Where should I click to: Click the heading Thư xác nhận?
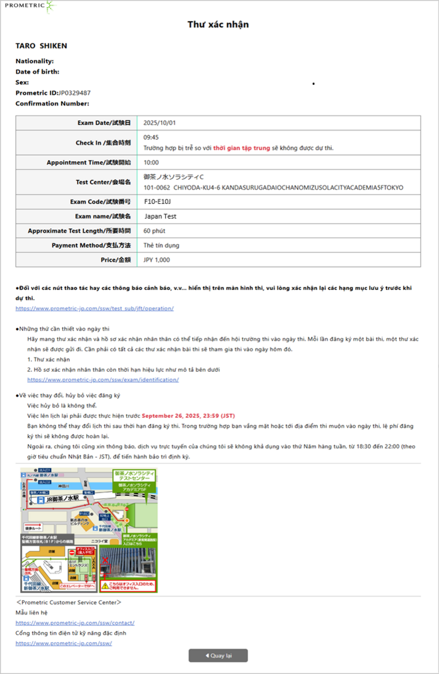pyautogui.click(x=219, y=25)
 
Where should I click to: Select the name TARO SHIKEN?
pyautogui.click(x=41, y=46)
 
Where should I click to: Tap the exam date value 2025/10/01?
pyautogui.click(x=159, y=122)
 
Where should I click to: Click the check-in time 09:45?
pyautogui.click(x=151, y=138)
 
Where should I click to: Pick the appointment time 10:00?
pyautogui.click(x=151, y=162)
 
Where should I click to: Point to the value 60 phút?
pyautogui.click(x=155, y=231)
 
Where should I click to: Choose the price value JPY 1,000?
pyautogui.click(x=157, y=260)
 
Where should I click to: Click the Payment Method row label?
pyautogui.click(x=93, y=246)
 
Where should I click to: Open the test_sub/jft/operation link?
pyautogui.click(x=94, y=308)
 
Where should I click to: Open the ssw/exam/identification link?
pyautogui.click(x=103, y=380)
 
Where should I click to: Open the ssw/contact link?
pyautogui.click(x=75, y=623)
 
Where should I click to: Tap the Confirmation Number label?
pyautogui.click(x=52, y=103)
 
